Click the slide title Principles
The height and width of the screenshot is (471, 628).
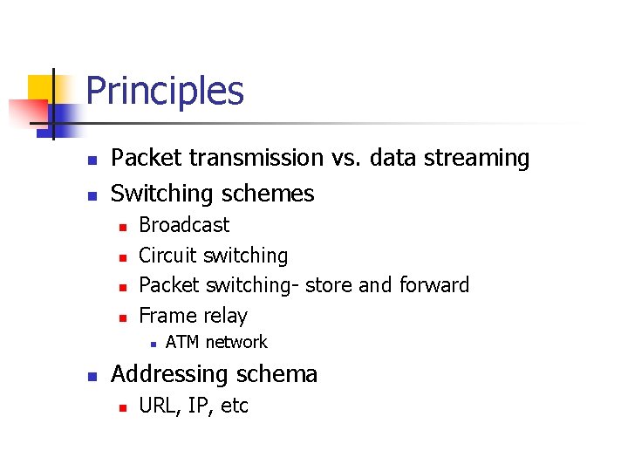pyautogui.click(x=165, y=92)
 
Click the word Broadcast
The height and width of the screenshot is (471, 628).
pyautogui.click(x=184, y=225)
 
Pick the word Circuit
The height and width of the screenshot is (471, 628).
pyautogui.click(x=167, y=256)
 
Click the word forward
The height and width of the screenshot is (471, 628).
pyautogui.click(x=433, y=285)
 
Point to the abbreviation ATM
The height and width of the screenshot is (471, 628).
pyautogui.click(x=181, y=343)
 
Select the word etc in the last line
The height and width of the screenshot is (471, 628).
pyautogui.click(x=234, y=406)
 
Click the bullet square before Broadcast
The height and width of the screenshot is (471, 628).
pyautogui.click(x=123, y=227)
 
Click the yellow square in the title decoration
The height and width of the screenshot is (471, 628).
pyautogui.click(x=40, y=87)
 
